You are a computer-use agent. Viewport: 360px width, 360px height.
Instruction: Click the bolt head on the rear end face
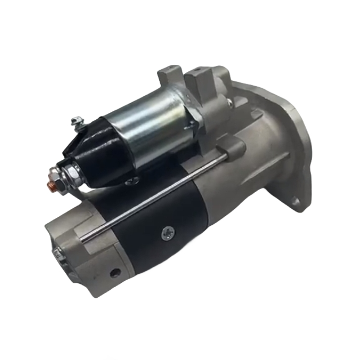57,255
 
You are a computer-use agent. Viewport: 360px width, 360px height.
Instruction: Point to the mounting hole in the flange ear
296,202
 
